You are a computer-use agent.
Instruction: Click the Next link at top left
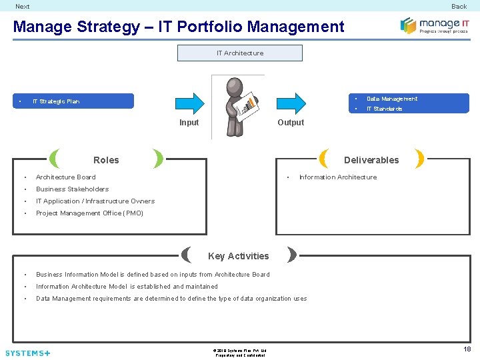23,6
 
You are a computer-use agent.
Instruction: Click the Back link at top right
459,6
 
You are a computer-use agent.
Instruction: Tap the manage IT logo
434,26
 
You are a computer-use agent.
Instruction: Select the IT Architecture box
239,53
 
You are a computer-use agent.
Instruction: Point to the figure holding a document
237,105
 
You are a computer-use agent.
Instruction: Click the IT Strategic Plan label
56,101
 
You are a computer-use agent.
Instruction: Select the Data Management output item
391,99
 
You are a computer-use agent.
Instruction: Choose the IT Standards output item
384,109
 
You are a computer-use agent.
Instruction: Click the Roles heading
106,160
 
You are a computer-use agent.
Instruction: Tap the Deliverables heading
371,160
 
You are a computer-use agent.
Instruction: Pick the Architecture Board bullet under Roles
65,177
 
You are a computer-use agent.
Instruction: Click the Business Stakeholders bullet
72,189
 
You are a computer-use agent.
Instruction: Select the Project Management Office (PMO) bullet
89,213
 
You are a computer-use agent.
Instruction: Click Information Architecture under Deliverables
337,177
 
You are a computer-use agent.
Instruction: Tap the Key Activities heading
238,256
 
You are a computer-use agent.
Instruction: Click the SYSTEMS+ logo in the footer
27,353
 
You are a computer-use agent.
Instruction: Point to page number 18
467,349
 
